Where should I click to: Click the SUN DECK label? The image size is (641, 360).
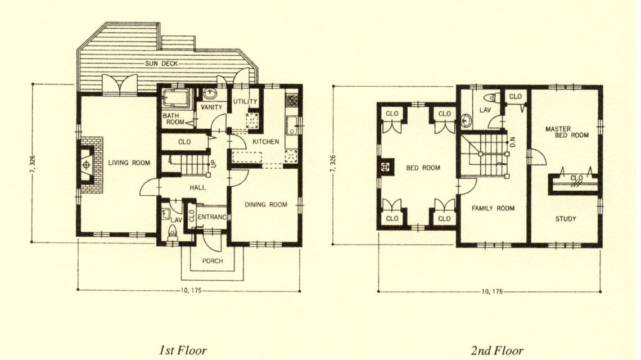click(x=161, y=64)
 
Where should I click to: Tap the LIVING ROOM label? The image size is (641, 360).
click(x=129, y=163)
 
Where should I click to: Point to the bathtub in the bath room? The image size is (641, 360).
click(x=176, y=98)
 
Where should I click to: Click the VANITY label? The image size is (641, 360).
click(x=211, y=107)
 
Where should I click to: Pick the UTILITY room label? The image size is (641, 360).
click(x=245, y=101)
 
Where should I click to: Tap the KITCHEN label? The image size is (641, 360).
click(x=266, y=142)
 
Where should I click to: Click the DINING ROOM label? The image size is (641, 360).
click(x=266, y=205)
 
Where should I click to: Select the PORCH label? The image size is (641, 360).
click(x=213, y=261)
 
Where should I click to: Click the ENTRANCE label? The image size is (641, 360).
click(x=214, y=217)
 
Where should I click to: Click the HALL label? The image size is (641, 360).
click(x=198, y=187)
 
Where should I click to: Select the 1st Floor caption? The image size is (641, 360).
click(x=183, y=350)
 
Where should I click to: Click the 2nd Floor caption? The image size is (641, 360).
click(x=497, y=350)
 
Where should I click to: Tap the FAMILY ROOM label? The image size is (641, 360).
click(x=493, y=208)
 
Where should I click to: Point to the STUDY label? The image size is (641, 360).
click(x=565, y=219)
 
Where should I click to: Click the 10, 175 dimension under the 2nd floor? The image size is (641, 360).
click(x=492, y=292)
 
